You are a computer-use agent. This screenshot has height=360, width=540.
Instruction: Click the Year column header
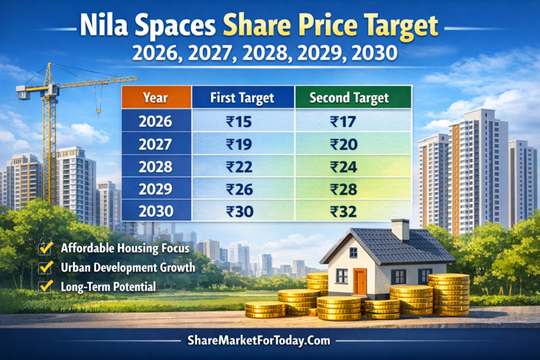coord(156,98)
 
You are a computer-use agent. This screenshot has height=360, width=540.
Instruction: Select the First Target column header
coord(242,98)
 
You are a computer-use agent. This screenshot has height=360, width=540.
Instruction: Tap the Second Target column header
coord(349,98)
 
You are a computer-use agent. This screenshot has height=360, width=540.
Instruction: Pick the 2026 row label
coord(156,122)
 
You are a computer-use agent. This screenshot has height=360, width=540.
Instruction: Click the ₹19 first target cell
coord(239,144)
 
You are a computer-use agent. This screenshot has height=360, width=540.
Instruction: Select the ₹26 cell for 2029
coord(239,189)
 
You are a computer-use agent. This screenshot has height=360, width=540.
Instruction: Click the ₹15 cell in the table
coord(239,122)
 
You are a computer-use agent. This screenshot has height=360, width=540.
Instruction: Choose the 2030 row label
coord(156,212)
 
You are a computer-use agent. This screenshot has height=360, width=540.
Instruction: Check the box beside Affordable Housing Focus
coord(46,248)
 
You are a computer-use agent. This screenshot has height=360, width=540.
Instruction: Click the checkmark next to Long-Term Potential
coord(46,286)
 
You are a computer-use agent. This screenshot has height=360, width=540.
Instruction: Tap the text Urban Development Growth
coord(128,267)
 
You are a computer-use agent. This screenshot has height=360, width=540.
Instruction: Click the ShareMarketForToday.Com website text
coord(269,340)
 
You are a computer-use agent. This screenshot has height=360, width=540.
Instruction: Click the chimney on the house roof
coord(400,229)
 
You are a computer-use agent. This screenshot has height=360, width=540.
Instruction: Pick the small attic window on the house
coord(353,252)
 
